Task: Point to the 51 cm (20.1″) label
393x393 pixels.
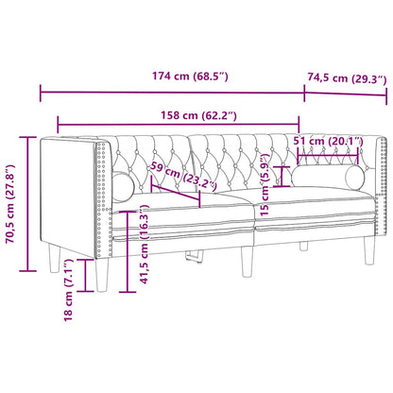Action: (328, 142)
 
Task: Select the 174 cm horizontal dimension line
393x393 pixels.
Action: (170, 93)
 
